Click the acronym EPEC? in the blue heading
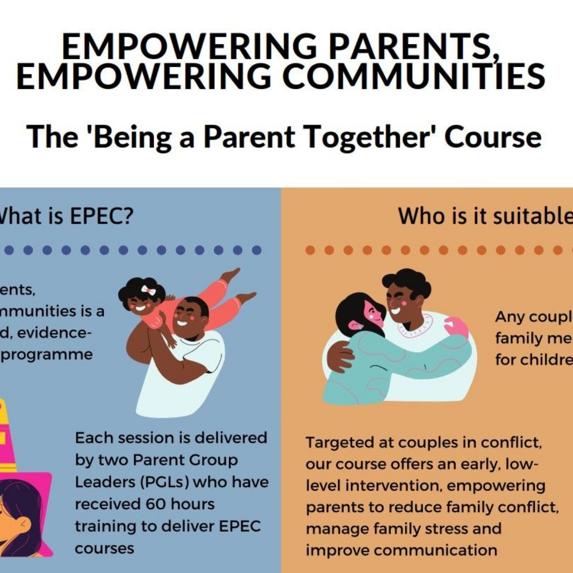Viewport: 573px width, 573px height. pos(101,216)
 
